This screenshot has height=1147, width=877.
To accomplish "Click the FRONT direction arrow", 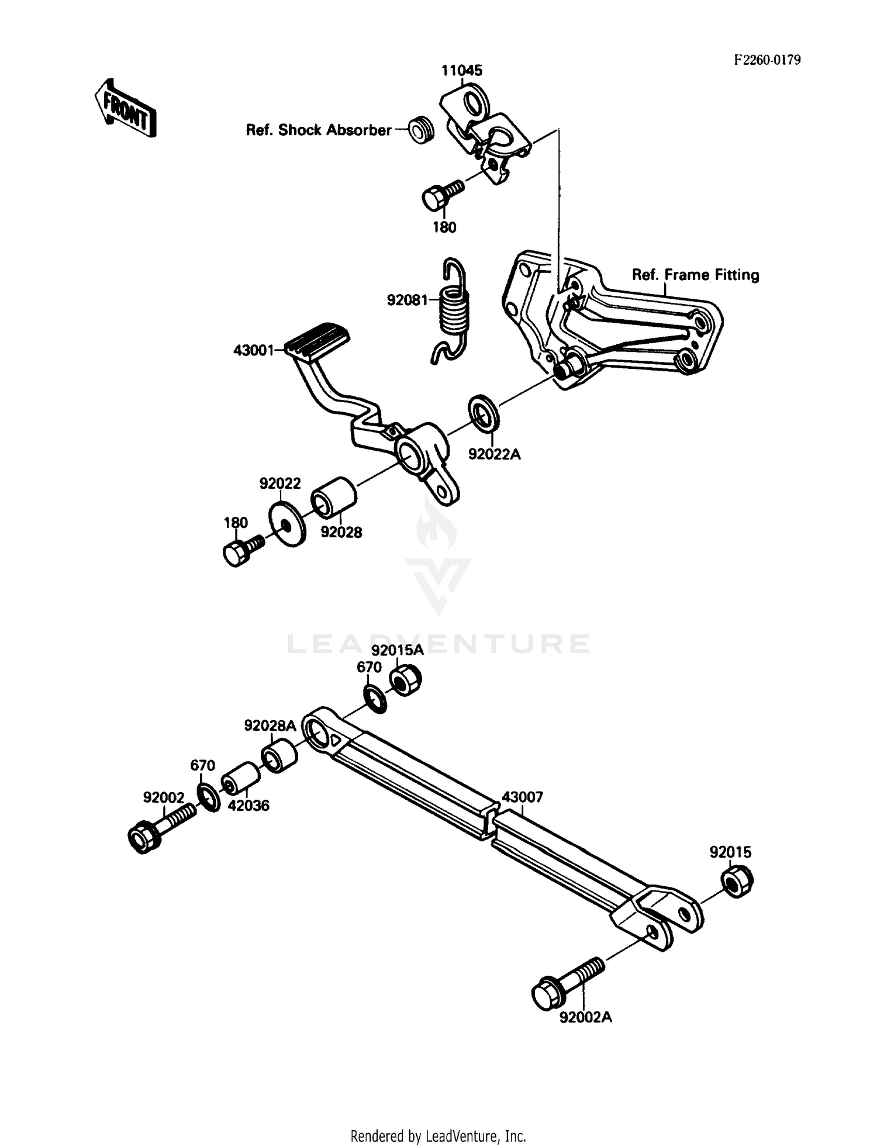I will (125, 108).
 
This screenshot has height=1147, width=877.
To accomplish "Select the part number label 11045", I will (461, 71).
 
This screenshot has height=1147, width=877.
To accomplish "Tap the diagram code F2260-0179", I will (767, 60).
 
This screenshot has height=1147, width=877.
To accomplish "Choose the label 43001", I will (253, 350).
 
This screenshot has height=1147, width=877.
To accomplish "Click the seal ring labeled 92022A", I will (483, 414).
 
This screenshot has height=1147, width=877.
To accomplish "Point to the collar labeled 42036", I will (240, 778).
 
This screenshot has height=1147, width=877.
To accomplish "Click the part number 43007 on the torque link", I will (522, 797).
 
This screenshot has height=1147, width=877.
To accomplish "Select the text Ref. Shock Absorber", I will (318, 130).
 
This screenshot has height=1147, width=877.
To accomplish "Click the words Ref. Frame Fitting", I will (695, 275).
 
